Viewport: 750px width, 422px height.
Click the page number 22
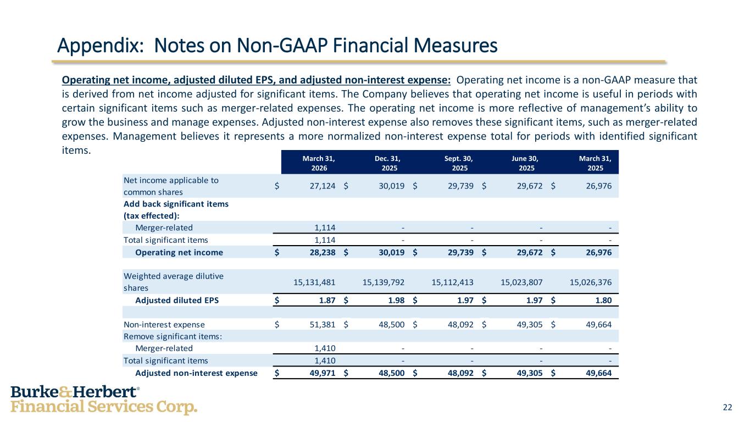pos(727,407)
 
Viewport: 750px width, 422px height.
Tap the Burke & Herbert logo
pos(104,399)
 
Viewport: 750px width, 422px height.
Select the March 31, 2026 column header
pos(319,163)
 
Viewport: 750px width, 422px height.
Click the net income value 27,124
pos(321,186)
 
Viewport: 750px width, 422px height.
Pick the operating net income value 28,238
pos(321,253)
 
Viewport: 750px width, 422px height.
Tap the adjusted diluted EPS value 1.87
pos(326,299)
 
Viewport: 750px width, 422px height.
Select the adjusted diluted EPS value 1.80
pos(603,299)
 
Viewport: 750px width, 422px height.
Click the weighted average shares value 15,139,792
pos(384,282)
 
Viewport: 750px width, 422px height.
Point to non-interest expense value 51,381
pos(321,324)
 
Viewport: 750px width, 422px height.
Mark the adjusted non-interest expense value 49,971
pos(321,373)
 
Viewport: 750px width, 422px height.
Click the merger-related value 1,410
pos(324,348)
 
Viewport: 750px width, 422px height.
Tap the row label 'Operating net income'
pos(179,253)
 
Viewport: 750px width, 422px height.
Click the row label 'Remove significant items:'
pos(164,336)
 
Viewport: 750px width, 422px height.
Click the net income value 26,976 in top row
pos(598,186)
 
